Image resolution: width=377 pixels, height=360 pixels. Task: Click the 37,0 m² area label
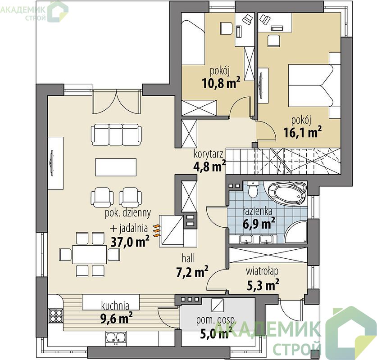pos(130,241)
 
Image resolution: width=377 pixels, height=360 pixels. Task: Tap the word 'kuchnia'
pos(115,306)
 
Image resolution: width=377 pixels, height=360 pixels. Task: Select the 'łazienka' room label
pos(257,211)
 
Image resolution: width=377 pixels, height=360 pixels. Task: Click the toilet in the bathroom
pos(252,189)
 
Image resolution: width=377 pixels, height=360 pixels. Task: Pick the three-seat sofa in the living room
pos(116,135)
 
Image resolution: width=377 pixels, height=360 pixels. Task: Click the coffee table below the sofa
pos(116,167)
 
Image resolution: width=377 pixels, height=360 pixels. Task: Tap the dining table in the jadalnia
pos(90,254)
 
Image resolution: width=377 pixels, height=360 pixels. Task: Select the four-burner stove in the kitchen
pos(56,315)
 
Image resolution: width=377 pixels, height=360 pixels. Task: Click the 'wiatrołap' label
pos(262,271)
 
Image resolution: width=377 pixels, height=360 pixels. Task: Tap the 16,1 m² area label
pos(303,132)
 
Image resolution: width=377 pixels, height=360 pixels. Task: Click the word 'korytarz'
pos(209,154)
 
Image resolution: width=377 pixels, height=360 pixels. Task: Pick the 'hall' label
pos(188,258)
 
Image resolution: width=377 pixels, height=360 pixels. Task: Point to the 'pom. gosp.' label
pos(216,320)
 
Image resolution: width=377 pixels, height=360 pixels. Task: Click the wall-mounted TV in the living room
pos(52,163)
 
